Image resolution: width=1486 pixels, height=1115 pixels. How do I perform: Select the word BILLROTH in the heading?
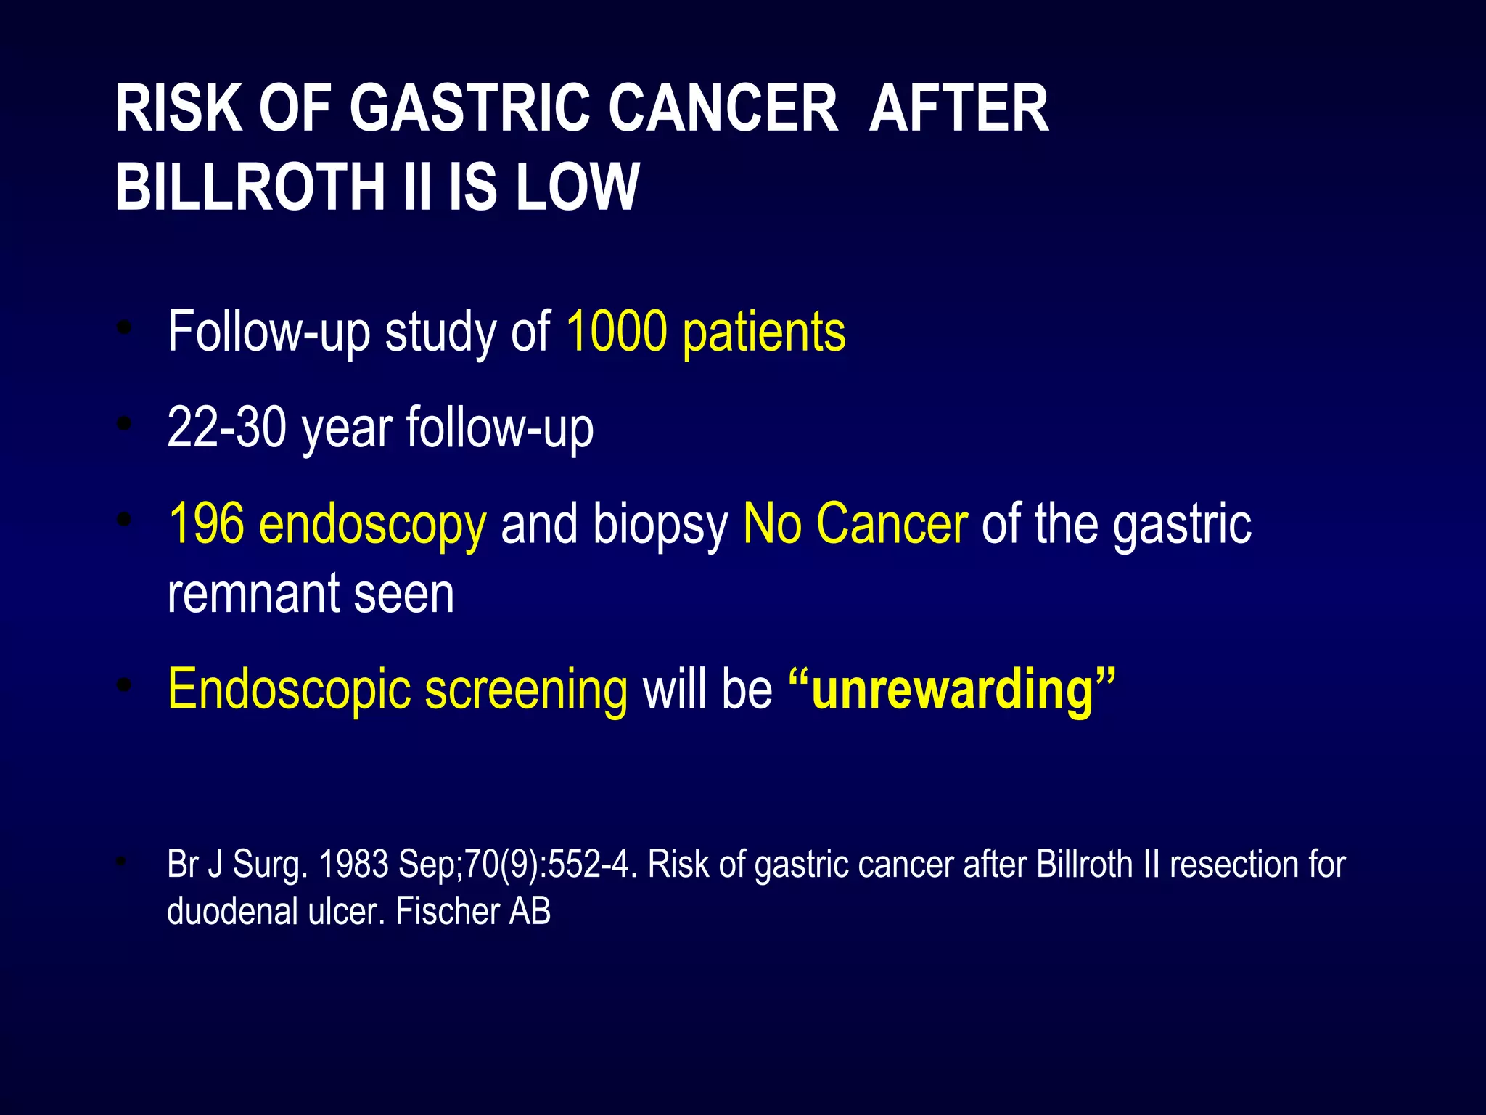(x=250, y=187)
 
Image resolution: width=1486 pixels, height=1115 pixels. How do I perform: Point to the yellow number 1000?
(x=616, y=332)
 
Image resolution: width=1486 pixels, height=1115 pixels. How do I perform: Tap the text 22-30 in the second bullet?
(x=227, y=428)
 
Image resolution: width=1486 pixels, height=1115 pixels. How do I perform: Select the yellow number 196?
(x=206, y=523)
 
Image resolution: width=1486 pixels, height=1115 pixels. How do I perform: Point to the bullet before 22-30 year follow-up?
(x=125, y=423)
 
